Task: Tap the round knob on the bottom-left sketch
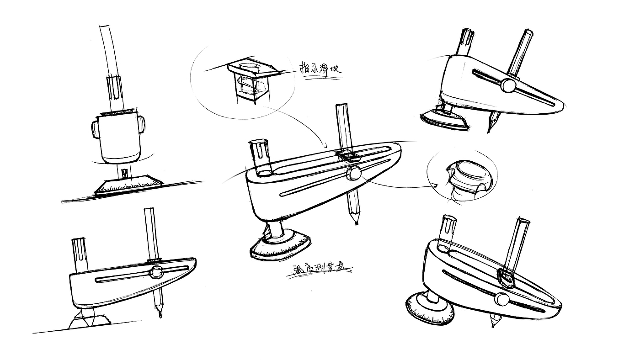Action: pyautogui.click(x=156, y=272)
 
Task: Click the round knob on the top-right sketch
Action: pyautogui.click(x=507, y=85)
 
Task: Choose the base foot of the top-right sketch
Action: pyautogui.click(x=443, y=119)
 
